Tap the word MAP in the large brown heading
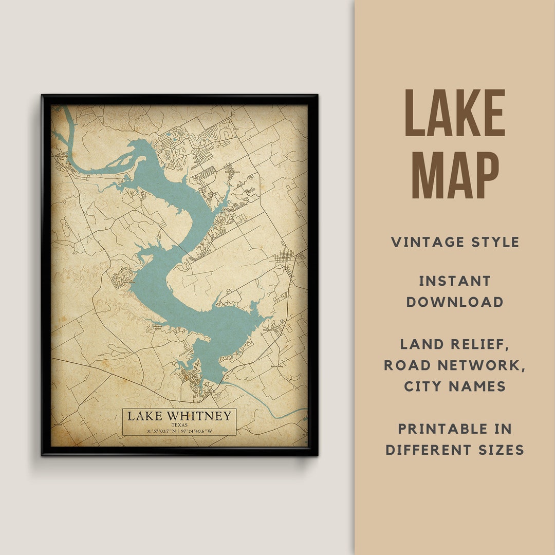(455, 173)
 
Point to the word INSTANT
(455, 281)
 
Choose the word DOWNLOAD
(455, 302)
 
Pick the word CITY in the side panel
(425, 386)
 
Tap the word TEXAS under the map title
(179, 425)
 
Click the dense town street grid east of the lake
(284, 255)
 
